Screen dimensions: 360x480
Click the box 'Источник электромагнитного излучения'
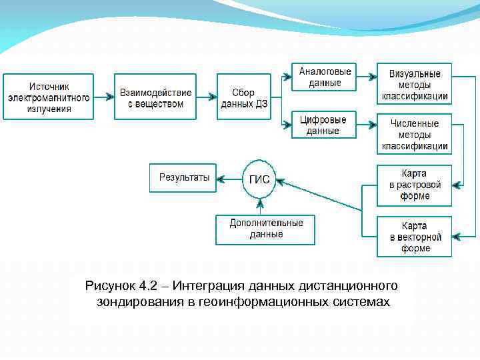pyautogui.click(x=49, y=97)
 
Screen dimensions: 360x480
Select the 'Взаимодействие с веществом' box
pyautogui.click(x=155, y=97)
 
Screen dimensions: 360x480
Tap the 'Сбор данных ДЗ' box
pyautogui.click(x=244, y=97)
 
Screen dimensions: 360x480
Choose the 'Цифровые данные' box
pyautogui.click(x=323, y=125)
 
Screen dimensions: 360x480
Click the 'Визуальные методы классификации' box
pyautogui.click(x=414, y=83)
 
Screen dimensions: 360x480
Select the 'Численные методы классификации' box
pyautogui.click(x=414, y=133)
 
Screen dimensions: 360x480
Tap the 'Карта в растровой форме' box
pyautogui.click(x=414, y=185)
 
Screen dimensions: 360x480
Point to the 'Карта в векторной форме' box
pyautogui.click(x=414, y=237)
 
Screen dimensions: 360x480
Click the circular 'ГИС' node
pyautogui.click(x=259, y=179)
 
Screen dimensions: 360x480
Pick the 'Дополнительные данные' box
pyautogui.click(x=265, y=229)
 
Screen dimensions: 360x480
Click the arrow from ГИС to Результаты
pyautogui.click(x=229, y=179)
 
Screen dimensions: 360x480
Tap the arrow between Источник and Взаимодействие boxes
pyautogui.click(x=104, y=97)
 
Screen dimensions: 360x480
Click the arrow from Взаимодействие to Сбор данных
pyautogui.click(x=207, y=97)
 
